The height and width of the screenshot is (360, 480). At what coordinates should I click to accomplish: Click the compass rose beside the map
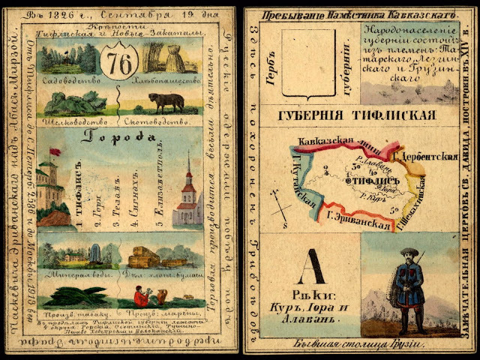(x=280, y=205)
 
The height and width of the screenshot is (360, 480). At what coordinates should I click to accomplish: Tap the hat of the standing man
(x=408, y=253)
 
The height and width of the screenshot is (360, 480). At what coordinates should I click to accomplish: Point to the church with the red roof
(x=187, y=196)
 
